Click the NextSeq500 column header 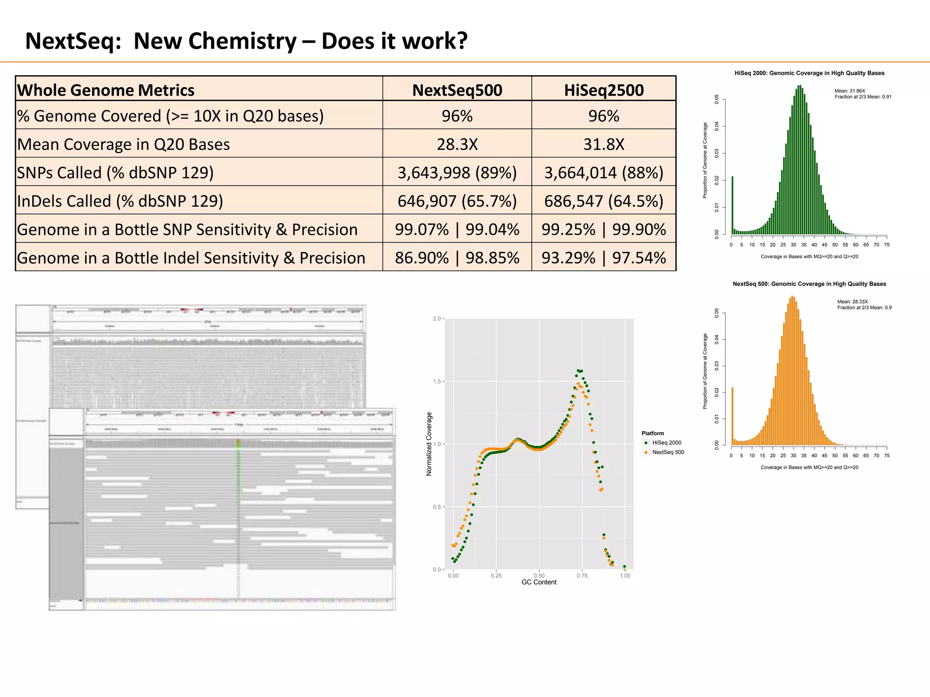pos(457,90)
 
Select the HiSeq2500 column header pos(604,90)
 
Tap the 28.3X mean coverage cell pos(457,144)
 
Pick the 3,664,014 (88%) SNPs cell pos(604,173)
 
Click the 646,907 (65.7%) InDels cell pos(457,201)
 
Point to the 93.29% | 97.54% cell pos(604,258)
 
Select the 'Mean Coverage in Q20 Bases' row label pos(124,144)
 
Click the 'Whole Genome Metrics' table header pos(106,90)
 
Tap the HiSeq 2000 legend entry pos(666,443)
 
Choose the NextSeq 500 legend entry pos(668,452)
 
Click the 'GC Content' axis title pos(539,582)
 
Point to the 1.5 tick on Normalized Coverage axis pos(437,382)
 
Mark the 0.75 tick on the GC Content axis pos(582,576)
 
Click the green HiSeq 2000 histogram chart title pos(809,73)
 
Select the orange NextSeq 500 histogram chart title pos(809,284)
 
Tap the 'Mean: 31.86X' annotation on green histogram pos(850,91)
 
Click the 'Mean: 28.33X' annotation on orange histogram pos(852,302)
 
